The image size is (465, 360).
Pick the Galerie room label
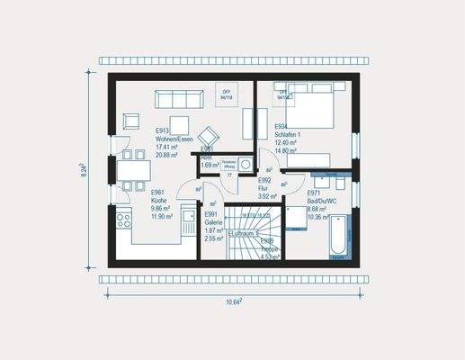(213, 223)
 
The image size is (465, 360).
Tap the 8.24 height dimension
(83, 170)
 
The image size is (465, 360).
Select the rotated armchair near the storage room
(208, 131)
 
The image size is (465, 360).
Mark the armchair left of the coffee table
(132, 120)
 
